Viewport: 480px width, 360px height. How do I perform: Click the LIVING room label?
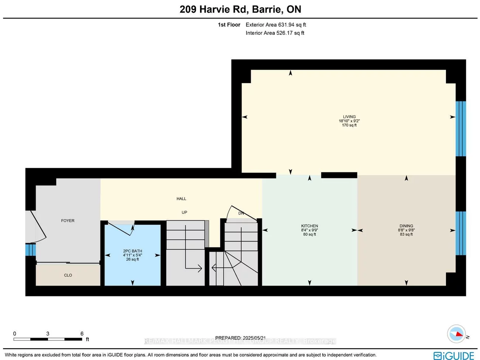(x=349, y=117)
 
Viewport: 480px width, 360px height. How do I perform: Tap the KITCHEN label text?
(x=309, y=226)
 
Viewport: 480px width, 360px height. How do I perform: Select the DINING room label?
(x=406, y=226)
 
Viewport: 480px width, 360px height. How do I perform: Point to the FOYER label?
(x=68, y=221)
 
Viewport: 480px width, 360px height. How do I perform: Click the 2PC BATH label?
(x=133, y=251)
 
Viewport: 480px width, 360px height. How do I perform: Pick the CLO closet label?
(x=68, y=275)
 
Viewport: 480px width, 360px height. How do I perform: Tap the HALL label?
(x=181, y=199)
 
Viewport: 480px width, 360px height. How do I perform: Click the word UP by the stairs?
(x=184, y=213)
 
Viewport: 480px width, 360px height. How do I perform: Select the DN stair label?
(x=241, y=213)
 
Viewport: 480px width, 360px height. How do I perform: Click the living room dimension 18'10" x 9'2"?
(x=349, y=121)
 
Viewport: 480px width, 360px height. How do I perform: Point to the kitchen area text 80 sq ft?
(x=309, y=234)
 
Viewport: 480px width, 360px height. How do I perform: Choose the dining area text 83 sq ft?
(x=406, y=234)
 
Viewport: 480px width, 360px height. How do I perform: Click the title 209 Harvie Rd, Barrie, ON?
(x=240, y=9)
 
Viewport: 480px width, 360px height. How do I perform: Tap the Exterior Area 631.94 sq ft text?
(x=276, y=25)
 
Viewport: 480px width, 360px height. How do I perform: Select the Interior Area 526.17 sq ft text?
(x=275, y=33)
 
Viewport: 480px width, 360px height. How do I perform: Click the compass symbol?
(x=456, y=334)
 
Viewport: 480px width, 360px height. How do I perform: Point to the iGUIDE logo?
(x=454, y=356)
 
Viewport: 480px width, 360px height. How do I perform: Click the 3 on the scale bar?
(x=48, y=334)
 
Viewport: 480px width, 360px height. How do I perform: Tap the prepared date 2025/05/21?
(x=254, y=338)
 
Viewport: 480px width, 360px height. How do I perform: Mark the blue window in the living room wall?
(x=460, y=129)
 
